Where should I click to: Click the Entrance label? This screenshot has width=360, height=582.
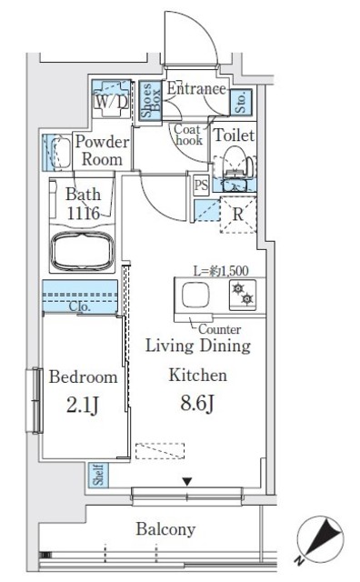196,89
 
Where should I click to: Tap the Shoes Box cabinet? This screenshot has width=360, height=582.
151,100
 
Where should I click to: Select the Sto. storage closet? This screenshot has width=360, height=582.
241,101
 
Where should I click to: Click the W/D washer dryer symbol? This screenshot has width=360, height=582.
111,99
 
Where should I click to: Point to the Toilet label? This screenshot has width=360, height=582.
235,135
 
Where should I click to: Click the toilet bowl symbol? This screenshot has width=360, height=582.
234,162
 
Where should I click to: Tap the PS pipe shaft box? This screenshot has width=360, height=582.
201,185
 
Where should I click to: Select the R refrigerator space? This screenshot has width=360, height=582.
238,215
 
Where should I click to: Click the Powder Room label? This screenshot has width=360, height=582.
102,150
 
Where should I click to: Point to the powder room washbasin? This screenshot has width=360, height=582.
60,153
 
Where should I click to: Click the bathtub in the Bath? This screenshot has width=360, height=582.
82,252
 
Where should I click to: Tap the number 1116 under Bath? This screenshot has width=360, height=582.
84,213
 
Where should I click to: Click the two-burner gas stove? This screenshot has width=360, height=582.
243,295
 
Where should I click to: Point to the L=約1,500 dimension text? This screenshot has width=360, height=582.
221,271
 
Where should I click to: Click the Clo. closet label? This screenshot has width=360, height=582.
80,306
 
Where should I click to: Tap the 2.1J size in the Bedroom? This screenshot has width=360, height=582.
83,406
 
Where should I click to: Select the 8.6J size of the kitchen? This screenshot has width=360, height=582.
197,403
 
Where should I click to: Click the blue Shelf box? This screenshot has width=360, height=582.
99,475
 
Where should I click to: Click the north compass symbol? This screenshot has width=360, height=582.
320,539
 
